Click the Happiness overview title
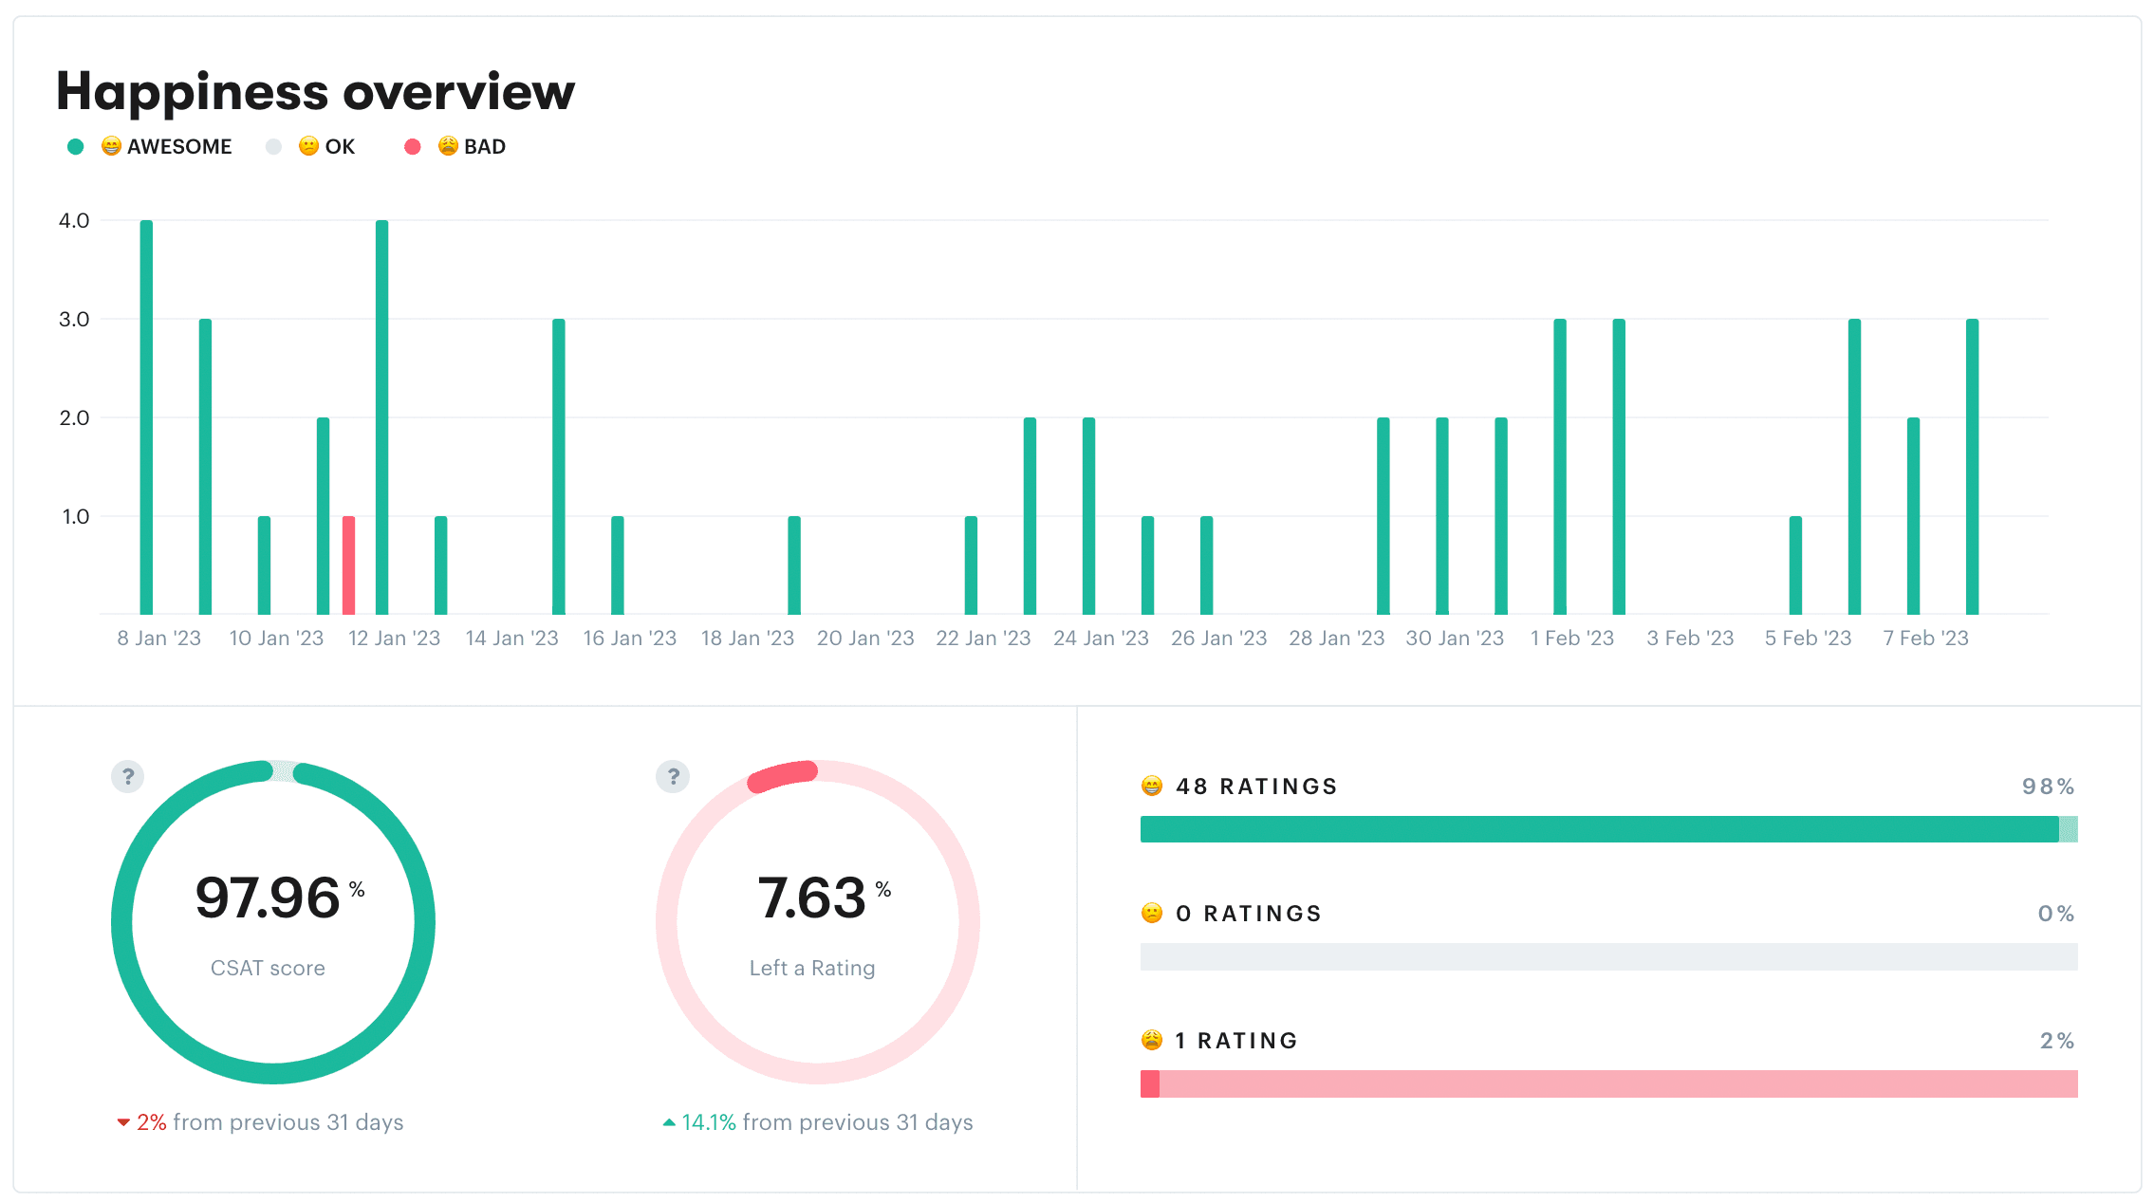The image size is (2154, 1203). click(x=315, y=92)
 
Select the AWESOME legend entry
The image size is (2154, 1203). click(x=166, y=147)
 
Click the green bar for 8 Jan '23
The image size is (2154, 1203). click(x=146, y=417)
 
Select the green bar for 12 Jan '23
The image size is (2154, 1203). click(x=381, y=417)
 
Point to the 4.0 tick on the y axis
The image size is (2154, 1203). click(x=74, y=221)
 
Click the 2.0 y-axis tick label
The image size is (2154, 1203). click(x=74, y=418)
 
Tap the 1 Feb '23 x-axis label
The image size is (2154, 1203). click(x=1571, y=639)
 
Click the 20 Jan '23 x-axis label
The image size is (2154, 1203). click(x=864, y=639)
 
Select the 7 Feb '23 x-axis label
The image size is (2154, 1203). click(x=1925, y=639)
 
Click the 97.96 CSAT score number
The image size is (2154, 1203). click(x=268, y=898)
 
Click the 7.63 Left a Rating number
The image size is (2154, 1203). click(x=811, y=898)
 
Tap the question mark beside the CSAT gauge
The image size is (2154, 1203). click(x=128, y=777)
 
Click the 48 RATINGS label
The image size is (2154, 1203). click(x=1255, y=787)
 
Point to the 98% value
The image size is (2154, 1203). click(x=2048, y=787)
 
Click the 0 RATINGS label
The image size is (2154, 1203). click(x=1248, y=914)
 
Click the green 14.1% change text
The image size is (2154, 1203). click(x=708, y=1122)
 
